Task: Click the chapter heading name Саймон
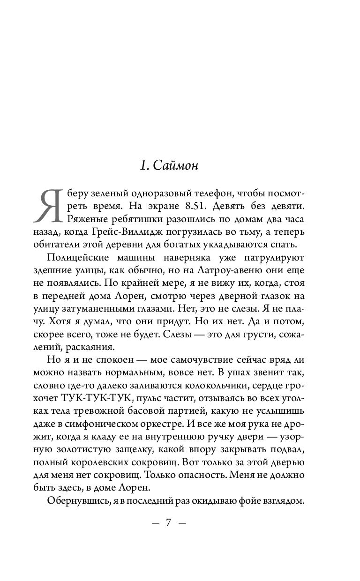[x=176, y=166]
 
